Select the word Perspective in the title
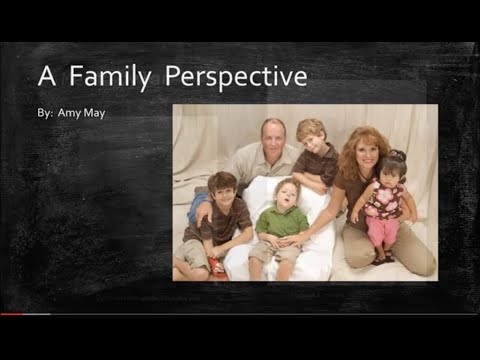[236, 77]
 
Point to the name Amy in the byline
[70, 112]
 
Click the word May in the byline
[95, 113]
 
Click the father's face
[272, 137]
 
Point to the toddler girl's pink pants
[383, 232]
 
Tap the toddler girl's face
[393, 169]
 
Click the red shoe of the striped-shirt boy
[215, 267]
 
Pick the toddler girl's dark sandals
[380, 259]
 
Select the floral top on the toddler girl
[385, 200]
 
